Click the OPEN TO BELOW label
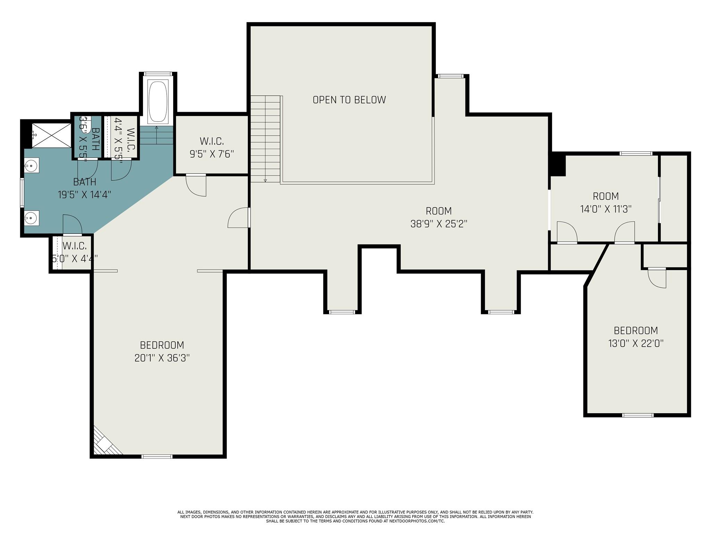coord(349,100)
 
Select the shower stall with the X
coord(51,135)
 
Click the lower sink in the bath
coord(31,218)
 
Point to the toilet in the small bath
coord(85,123)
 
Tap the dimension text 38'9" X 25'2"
coord(439,224)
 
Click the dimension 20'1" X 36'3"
coord(162,358)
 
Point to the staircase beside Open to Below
coord(265,139)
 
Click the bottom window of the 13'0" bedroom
coord(638,415)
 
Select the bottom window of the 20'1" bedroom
coord(157,457)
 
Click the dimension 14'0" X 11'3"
coord(606,209)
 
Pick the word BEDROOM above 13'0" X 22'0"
coord(636,330)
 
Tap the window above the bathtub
coord(158,74)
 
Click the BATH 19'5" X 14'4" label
coord(84,188)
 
